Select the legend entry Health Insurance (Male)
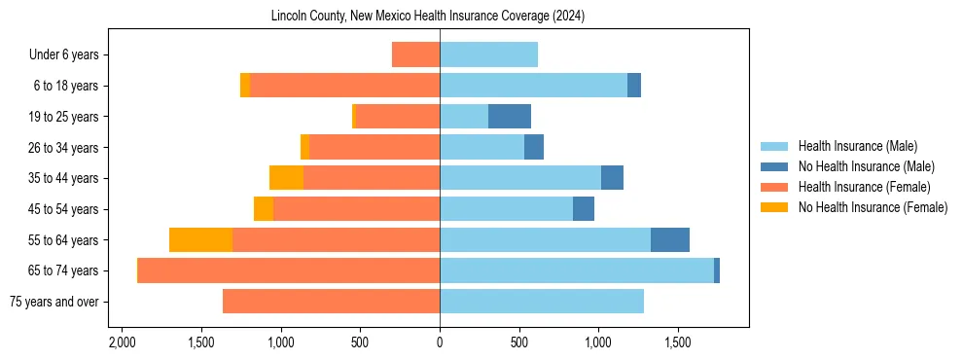tap(856, 146)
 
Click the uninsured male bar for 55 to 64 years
tap(670, 239)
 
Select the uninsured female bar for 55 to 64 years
tap(200, 239)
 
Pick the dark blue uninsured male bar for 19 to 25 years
tap(510, 117)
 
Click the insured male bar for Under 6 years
tap(488, 54)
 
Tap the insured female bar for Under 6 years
tap(415, 54)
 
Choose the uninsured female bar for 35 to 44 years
tap(286, 178)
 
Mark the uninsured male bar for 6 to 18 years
tap(634, 86)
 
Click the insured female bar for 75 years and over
tap(331, 302)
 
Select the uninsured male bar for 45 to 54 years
tap(584, 209)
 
